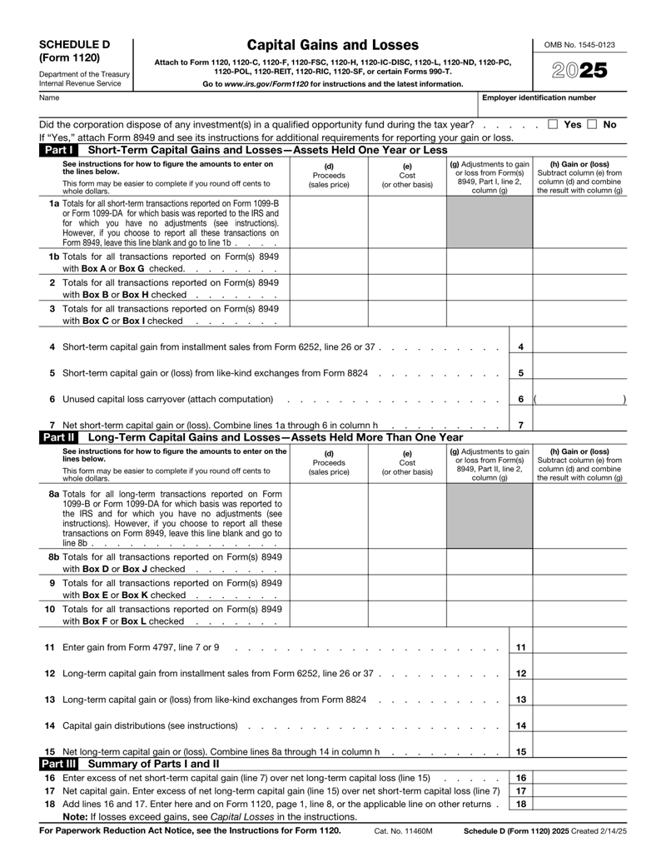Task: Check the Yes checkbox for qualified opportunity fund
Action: pyautogui.click(x=554, y=124)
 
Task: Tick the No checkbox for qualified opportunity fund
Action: pyautogui.click(x=592, y=124)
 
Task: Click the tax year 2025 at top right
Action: pyautogui.click(x=580, y=72)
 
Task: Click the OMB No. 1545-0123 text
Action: pyautogui.click(x=580, y=43)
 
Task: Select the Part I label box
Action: pyautogui.click(x=57, y=150)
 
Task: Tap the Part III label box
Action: pyautogui.click(x=59, y=763)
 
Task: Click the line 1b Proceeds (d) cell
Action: pyautogui.click(x=328, y=262)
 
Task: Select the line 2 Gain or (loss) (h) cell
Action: pyautogui.click(x=579, y=289)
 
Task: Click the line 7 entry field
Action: pyautogui.click(x=579, y=425)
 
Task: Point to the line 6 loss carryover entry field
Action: pyautogui.click(x=579, y=399)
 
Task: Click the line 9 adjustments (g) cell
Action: pyautogui.click(x=489, y=587)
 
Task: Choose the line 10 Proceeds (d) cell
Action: pyautogui.click(x=328, y=614)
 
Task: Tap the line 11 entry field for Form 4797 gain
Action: pyautogui.click(x=579, y=646)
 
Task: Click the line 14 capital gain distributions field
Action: pyautogui.click(x=579, y=725)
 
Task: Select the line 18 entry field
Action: pyautogui.click(x=579, y=804)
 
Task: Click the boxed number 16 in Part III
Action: pyautogui.click(x=520, y=777)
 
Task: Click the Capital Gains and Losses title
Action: pyautogui.click(x=332, y=45)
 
